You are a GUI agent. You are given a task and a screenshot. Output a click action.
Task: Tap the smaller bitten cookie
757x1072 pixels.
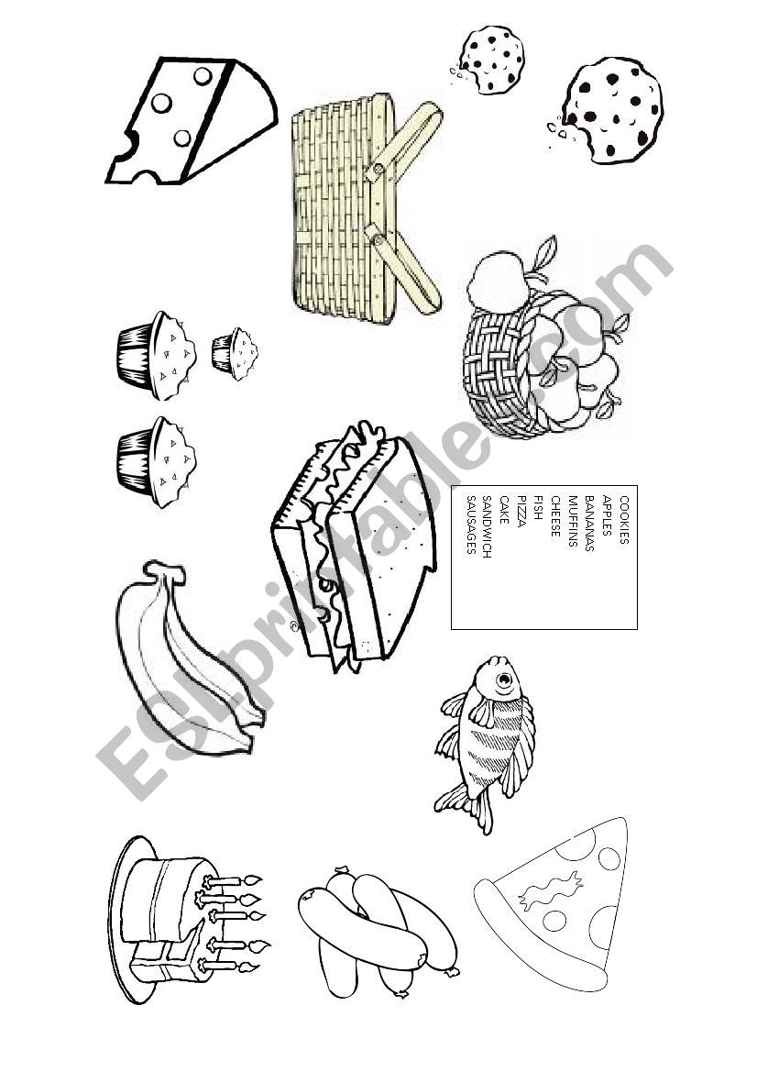[x=491, y=61]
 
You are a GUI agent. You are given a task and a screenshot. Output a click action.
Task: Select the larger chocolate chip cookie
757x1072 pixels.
[x=611, y=111]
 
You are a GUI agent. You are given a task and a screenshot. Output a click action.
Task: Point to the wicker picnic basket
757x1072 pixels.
[x=366, y=208]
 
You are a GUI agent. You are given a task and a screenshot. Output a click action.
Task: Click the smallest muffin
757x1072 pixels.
[x=235, y=354]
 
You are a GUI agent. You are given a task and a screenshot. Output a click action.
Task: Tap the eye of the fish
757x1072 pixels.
[x=504, y=680]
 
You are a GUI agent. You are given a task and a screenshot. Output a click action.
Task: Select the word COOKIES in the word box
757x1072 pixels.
[x=624, y=520]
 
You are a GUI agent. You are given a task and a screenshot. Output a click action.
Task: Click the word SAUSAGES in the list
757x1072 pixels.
[x=470, y=525]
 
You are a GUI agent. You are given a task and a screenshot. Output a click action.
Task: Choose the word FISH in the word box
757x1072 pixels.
[x=538, y=508]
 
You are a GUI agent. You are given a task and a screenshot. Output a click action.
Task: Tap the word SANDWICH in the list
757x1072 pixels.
[x=488, y=527]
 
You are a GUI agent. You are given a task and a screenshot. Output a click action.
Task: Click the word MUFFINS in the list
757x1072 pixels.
[x=573, y=521]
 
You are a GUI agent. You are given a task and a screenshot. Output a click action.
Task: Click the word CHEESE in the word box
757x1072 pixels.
[x=555, y=516]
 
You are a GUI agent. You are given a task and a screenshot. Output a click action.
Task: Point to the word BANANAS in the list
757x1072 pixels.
[x=589, y=523]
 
